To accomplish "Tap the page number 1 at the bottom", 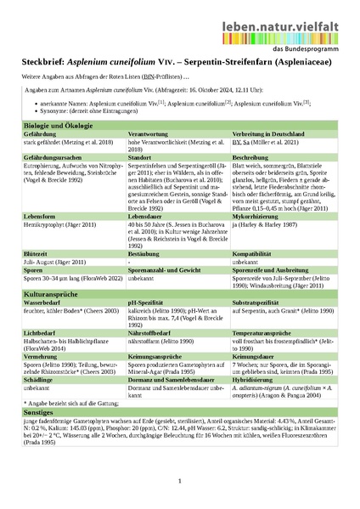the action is click(x=180, y=482).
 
